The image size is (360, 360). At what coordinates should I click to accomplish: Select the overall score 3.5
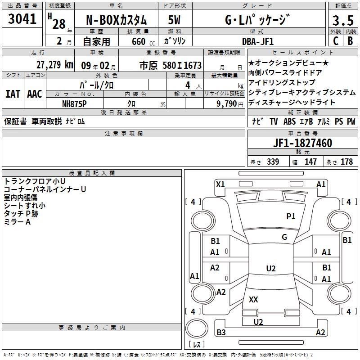point(342,21)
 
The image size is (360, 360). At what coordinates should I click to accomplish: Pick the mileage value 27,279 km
point(54,65)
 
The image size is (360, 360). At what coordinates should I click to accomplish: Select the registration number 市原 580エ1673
point(171,65)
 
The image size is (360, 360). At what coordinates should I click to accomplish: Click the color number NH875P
point(74,103)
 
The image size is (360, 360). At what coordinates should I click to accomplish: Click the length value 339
point(273,162)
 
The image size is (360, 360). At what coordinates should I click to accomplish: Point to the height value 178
point(346,162)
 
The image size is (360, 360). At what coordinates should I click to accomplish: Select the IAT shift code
point(13,94)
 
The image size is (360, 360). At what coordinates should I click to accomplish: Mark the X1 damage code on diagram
point(220,184)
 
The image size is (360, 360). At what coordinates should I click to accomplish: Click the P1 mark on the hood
point(291,216)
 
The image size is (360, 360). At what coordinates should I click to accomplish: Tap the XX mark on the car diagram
point(253,299)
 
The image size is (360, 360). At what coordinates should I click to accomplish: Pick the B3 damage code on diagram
point(221,333)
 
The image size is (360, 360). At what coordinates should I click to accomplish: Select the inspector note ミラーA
point(17,221)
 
